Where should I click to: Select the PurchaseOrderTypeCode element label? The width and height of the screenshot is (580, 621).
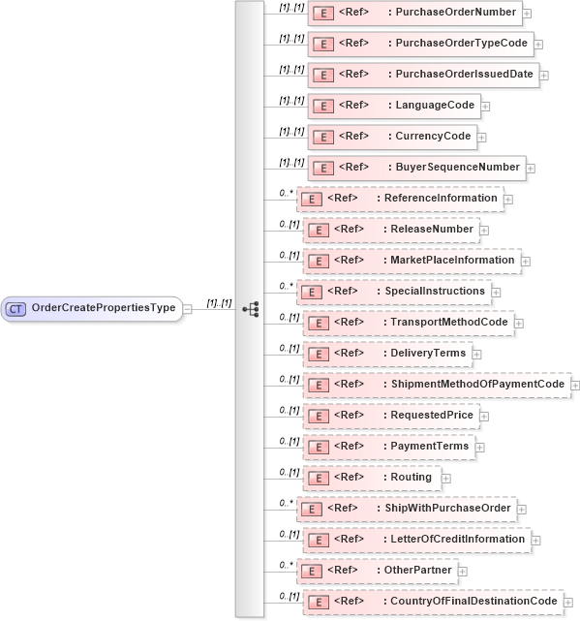[458, 44]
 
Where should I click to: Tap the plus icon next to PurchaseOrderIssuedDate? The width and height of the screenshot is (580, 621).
[544, 76]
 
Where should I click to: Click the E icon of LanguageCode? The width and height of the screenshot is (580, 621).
[323, 106]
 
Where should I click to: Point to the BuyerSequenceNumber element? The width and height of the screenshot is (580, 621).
[416, 168]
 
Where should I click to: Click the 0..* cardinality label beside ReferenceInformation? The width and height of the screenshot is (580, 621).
[287, 193]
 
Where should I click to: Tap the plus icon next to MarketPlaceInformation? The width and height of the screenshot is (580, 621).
[526, 261]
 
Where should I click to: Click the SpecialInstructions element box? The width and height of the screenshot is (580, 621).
[393, 292]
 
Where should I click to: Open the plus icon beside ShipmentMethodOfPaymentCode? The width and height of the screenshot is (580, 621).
[575, 386]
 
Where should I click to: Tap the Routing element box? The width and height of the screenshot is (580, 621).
[372, 478]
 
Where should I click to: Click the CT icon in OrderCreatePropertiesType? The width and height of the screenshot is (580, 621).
[15, 308]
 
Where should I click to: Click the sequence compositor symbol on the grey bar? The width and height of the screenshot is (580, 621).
[250, 309]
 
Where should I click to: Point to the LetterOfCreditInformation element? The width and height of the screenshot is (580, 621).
[416, 540]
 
